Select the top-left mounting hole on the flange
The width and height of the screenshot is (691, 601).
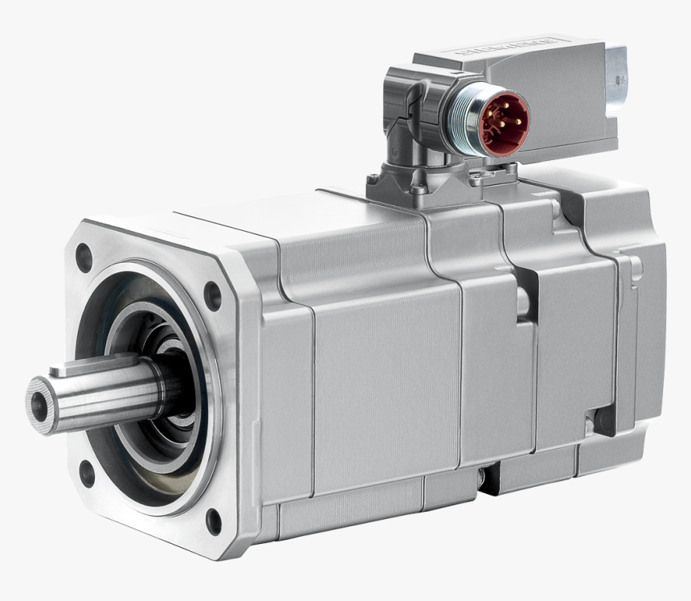[84, 257]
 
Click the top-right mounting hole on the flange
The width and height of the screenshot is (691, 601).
[213, 295]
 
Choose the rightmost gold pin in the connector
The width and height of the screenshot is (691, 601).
[517, 122]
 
